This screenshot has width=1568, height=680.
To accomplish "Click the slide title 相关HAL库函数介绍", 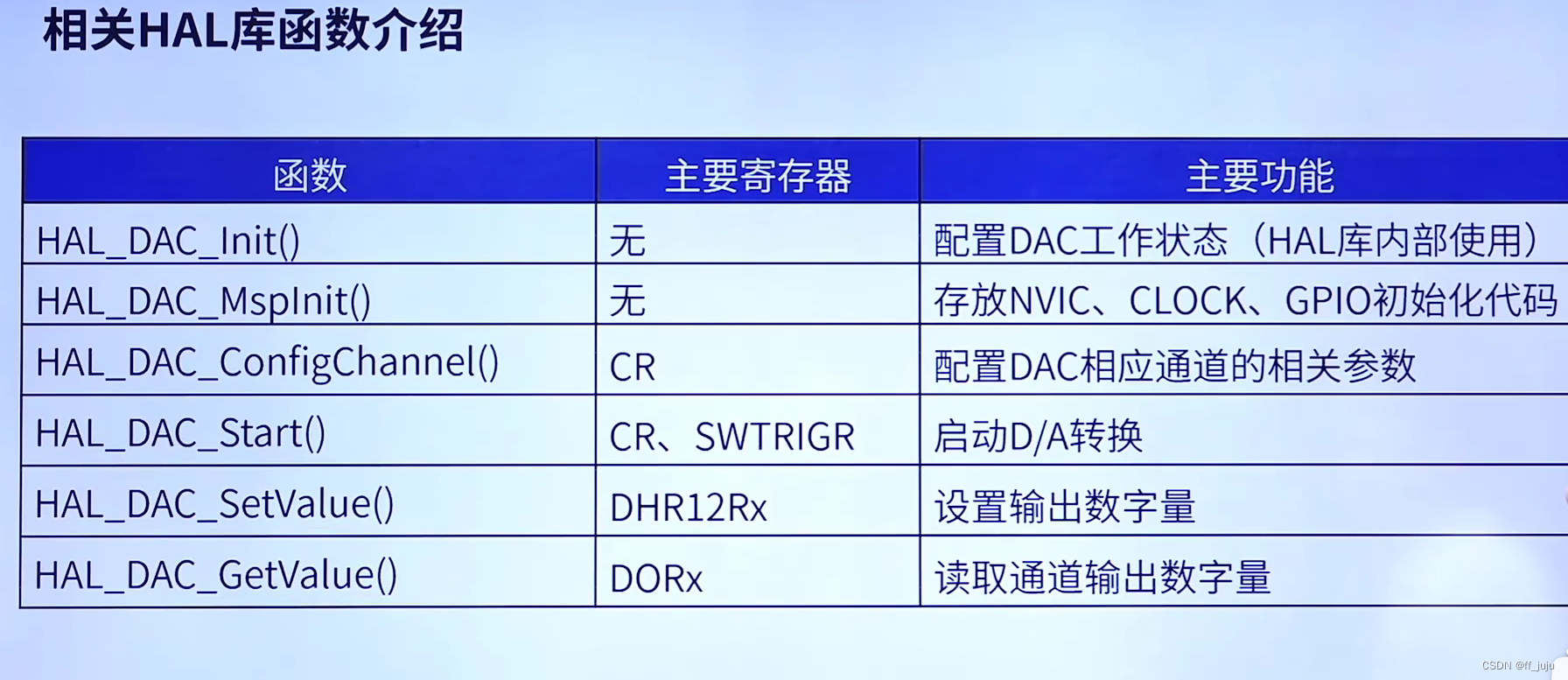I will tap(253, 32).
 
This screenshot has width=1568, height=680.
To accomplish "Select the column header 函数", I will tap(310, 175).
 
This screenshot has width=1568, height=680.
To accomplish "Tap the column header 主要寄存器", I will tap(758, 175).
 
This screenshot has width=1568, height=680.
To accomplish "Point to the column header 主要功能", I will tap(1259, 175).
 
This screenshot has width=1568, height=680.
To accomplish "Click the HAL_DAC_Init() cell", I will tap(168, 241).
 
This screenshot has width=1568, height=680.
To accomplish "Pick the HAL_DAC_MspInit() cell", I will tap(203, 301).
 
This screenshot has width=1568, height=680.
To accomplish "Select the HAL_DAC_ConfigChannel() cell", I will tap(267, 362).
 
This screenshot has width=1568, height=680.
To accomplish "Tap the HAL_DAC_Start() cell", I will tap(180, 433).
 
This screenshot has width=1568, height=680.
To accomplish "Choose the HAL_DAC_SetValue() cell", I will tap(214, 504).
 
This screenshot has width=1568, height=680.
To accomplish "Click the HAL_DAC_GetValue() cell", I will tap(216, 575).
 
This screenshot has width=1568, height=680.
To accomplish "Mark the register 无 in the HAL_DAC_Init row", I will tap(627, 241).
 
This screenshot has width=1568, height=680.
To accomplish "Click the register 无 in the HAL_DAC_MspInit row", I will tap(627, 301).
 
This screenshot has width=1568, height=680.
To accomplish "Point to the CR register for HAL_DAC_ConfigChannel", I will tap(632, 367).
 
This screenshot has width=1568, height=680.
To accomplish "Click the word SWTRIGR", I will tap(774, 437).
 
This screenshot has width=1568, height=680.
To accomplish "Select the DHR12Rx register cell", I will tap(688, 508).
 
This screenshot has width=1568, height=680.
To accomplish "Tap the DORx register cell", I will tap(655, 578).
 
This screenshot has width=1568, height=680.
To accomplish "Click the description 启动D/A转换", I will tap(1038, 436).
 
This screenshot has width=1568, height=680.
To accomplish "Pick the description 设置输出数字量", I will tap(1065, 507).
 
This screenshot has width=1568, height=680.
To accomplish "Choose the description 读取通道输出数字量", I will tap(1102, 578).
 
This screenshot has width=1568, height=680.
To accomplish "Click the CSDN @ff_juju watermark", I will tap(1517, 666).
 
